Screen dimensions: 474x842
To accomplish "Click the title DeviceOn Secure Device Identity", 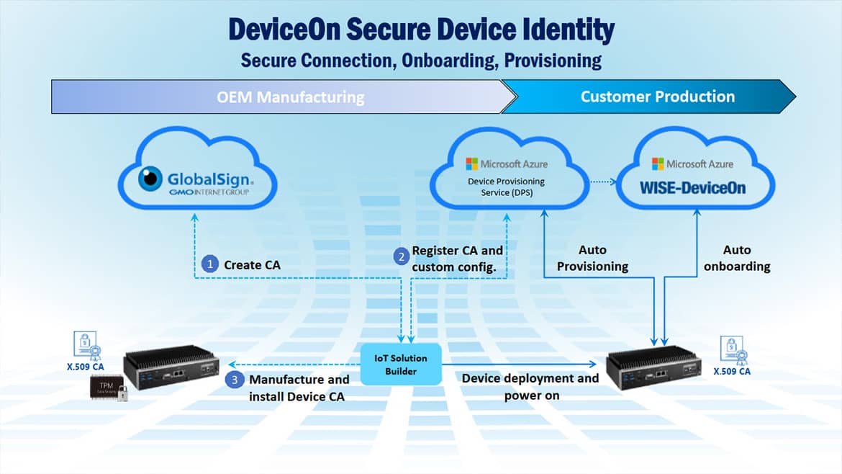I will tap(421, 30).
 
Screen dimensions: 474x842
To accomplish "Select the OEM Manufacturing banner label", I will tap(290, 97).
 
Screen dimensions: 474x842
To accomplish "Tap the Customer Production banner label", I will tap(657, 97).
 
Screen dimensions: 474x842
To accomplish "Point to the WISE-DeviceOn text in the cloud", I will tap(692, 188).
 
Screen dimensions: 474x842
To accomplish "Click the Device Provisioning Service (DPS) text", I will tap(507, 187).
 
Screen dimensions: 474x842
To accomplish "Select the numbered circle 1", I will tap(210, 264).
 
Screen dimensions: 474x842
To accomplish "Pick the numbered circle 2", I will tap(401, 256).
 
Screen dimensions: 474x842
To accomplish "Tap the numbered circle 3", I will tap(235, 379).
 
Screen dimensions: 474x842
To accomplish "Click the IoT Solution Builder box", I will tap(400, 364).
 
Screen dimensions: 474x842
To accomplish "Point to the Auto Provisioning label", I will tap(592, 258).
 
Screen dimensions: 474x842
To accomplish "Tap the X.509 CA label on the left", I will tap(86, 366).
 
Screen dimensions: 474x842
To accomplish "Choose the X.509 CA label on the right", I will tap(731, 372).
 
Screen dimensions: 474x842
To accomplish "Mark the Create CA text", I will tap(252, 265).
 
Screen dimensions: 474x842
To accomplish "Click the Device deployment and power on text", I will tap(530, 386).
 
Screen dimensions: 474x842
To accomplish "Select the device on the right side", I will tap(654, 367).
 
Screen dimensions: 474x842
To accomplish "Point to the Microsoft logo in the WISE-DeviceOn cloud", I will tap(657, 164).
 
